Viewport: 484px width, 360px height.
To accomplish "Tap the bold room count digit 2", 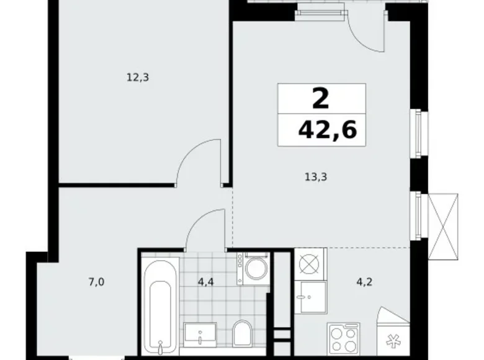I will (322, 97).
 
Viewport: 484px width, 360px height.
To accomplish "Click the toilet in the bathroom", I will (241, 334).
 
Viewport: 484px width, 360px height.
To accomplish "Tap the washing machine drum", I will (254, 268).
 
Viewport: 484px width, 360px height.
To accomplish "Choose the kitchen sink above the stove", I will (310, 297).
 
